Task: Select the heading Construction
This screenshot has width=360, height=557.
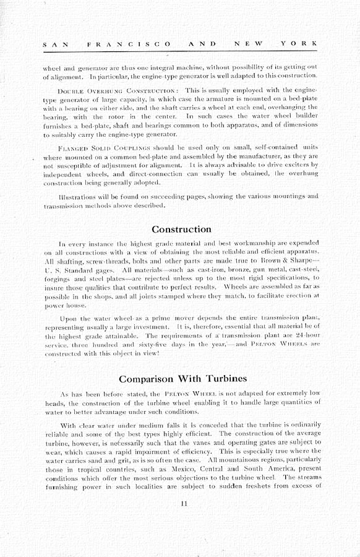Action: tap(181, 230)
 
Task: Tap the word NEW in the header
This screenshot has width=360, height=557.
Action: tap(247, 44)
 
